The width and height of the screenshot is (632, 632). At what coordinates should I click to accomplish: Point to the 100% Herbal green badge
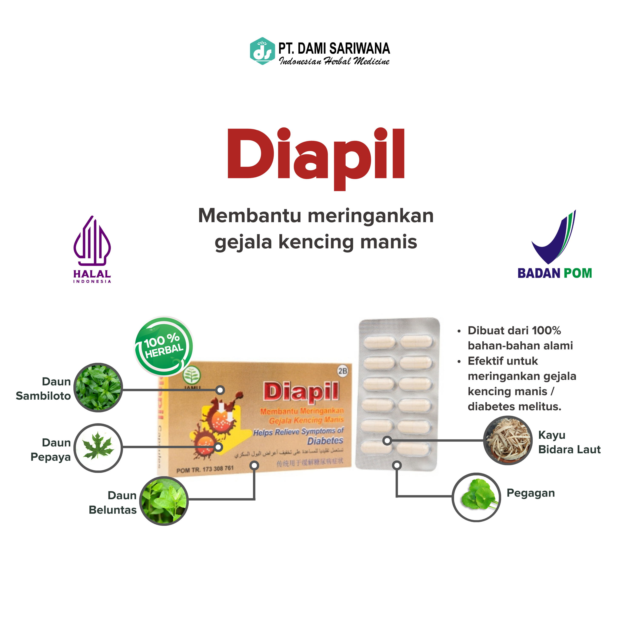164,346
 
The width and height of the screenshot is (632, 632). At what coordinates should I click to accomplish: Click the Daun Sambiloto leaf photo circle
98,388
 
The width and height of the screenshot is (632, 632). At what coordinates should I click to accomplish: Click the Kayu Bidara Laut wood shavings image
508,440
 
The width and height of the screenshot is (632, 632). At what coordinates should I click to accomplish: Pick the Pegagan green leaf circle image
477,497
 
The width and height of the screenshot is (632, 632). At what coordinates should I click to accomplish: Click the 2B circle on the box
343,371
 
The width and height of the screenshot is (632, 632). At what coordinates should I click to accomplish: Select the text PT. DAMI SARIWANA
334,49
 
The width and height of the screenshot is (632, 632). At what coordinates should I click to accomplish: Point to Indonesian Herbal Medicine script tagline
334,61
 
